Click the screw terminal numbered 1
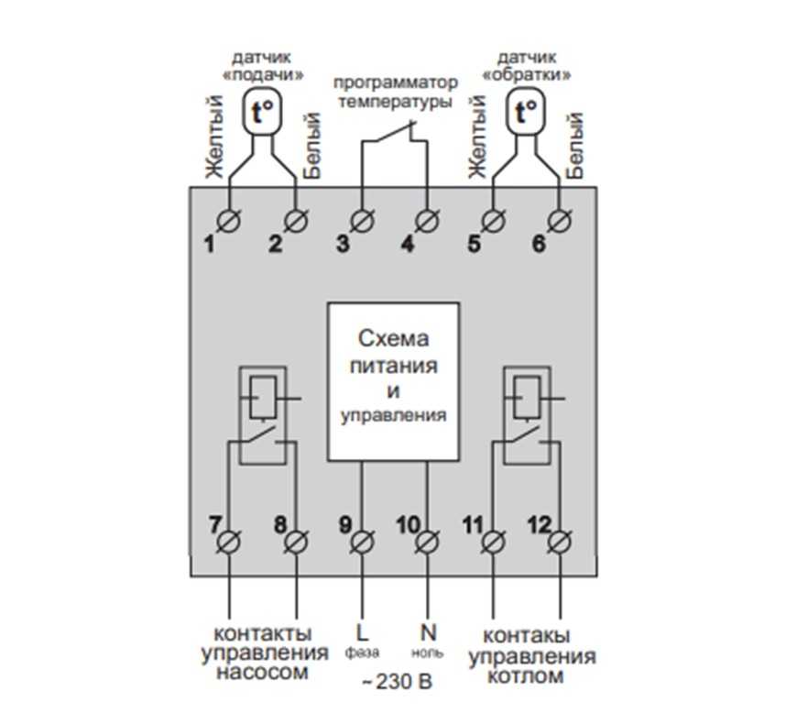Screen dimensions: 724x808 pos(228,220)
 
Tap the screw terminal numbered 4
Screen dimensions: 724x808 pos(426,220)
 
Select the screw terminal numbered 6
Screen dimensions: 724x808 pos(558,220)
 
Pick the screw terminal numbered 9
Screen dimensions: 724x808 pos(361,543)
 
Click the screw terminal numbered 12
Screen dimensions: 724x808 pos(559,543)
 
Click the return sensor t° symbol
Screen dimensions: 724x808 pos(526,114)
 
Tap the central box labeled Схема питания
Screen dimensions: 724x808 pos(394,379)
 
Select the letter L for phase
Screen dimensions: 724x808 pos(360,632)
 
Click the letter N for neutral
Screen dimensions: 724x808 pos(427,631)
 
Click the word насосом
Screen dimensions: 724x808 pos(262,674)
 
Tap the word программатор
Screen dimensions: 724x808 pos(395,82)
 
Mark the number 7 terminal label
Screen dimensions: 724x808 pos(214,525)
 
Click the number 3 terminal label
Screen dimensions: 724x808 pos(343,244)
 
